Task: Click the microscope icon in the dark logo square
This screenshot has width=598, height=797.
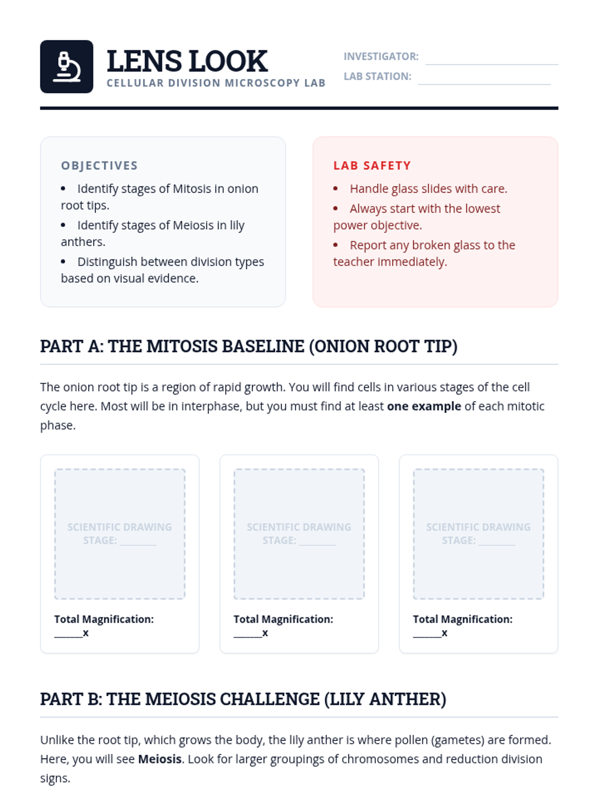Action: (x=66, y=67)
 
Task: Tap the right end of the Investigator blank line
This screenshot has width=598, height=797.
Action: (x=558, y=64)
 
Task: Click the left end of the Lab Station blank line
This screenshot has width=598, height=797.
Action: (x=418, y=84)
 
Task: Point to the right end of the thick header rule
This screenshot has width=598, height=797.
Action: (x=558, y=108)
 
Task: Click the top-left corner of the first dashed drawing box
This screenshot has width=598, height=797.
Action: (x=55, y=469)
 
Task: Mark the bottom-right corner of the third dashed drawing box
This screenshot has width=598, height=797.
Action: (x=544, y=598)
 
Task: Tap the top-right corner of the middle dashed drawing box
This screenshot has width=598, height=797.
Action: (x=364, y=469)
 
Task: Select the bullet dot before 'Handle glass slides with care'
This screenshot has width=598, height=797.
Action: (x=335, y=188)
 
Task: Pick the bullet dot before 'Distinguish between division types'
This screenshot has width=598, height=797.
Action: (x=63, y=262)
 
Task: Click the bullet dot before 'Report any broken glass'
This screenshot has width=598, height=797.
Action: (x=335, y=245)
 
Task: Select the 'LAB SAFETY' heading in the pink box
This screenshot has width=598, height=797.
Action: (x=372, y=165)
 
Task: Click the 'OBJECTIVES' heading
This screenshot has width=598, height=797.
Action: (x=99, y=165)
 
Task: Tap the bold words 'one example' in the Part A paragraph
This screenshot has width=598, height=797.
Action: (x=424, y=406)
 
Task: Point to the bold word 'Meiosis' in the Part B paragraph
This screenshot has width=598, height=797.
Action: (x=160, y=759)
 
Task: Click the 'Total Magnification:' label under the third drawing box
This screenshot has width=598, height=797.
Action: (x=462, y=619)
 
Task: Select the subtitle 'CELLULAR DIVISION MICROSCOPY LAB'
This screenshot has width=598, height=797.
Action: (x=216, y=83)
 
